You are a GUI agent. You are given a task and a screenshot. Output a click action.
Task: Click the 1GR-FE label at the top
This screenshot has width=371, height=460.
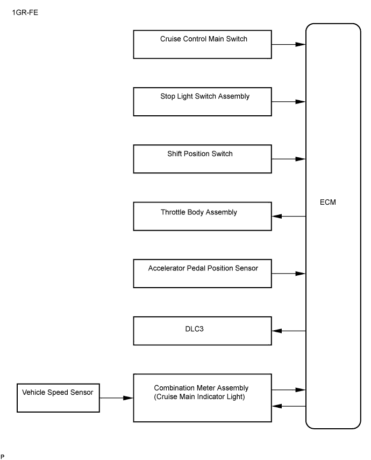[25, 12]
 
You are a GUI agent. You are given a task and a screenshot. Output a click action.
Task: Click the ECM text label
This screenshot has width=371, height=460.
[328, 202]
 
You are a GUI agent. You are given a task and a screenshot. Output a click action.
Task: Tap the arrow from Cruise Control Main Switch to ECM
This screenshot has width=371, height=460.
[289, 45]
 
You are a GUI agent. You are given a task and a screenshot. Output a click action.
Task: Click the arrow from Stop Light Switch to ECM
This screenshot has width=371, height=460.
[289, 102]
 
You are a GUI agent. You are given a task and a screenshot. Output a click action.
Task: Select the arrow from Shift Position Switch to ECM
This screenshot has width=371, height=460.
[289, 159]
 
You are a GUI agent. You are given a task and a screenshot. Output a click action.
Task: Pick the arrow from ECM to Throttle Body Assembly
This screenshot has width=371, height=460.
[289, 216]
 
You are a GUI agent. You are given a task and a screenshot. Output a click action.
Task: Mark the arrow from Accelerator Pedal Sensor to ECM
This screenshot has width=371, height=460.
[289, 274]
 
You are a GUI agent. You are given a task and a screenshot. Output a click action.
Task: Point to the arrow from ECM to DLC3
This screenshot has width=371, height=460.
[289, 331]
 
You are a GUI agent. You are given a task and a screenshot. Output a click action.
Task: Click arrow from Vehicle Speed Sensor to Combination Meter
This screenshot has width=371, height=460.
[116, 398]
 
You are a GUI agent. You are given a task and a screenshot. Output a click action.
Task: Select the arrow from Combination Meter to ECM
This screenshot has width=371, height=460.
[289, 390]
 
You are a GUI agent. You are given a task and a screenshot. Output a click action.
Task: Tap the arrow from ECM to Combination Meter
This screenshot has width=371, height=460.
[289, 406]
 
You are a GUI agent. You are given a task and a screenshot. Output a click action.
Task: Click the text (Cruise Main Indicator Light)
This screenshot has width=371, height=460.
[199, 397]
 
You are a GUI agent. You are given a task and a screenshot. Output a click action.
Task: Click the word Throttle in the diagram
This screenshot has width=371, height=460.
[173, 212]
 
